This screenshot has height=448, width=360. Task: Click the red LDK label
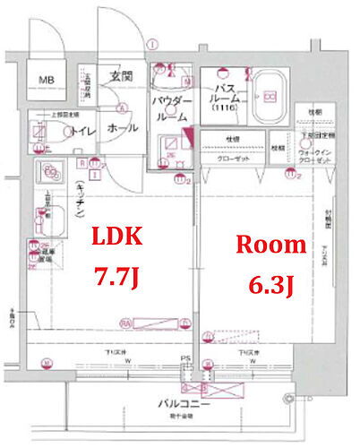(x=116, y=238)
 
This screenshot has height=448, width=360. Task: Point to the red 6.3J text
(x=270, y=285)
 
